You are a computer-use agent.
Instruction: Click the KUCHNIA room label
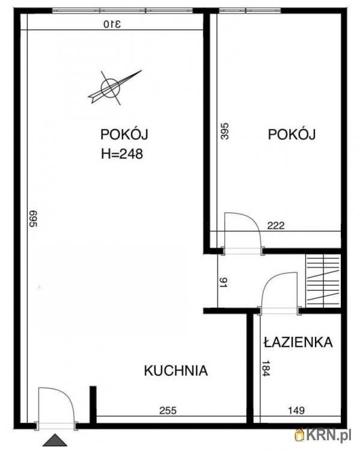point(175,370)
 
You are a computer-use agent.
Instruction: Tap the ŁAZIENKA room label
point(297,342)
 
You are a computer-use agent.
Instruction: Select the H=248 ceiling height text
point(121,153)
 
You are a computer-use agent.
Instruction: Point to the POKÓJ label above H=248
point(124,134)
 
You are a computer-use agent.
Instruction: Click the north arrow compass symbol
point(112,87)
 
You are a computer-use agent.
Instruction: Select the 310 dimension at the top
point(112,24)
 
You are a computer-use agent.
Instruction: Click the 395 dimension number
point(225,132)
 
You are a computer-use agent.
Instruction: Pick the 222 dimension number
point(275,226)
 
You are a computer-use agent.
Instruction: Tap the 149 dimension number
point(296,411)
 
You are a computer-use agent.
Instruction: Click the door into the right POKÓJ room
point(242,232)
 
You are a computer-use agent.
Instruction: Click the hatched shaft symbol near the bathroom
point(323,280)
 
